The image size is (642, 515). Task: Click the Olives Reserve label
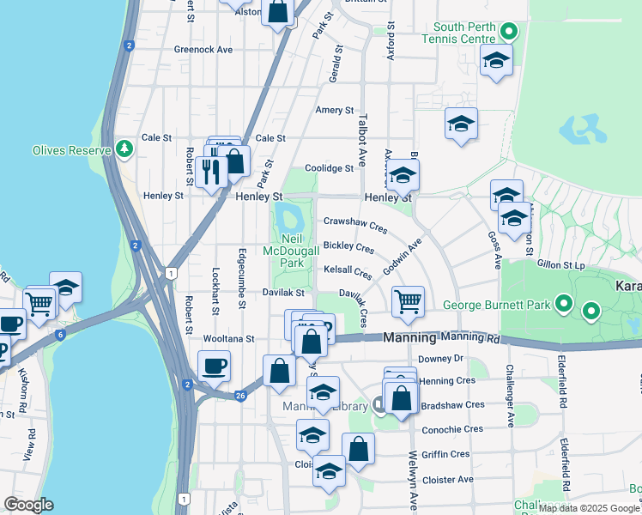pyautogui.click(x=72, y=150)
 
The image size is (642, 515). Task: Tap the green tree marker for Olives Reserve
pyautogui.click(x=125, y=148)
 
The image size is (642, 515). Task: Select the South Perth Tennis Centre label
pyautogui.click(x=458, y=33)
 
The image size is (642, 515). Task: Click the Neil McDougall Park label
pyautogui.click(x=294, y=251)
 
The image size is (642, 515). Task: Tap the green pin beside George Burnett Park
pyautogui.click(x=564, y=304)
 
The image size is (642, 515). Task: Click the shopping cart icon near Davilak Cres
pyautogui.click(x=407, y=301)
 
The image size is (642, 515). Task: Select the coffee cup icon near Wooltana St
pyautogui.click(x=214, y=367)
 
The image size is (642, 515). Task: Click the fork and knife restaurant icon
pyautogui.click(x=210, y=172)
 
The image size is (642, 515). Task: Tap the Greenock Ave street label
pyautogui.click(x=203, y=50)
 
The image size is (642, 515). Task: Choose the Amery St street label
pyautogui.click(x=335, y=111)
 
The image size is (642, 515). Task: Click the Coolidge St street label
pyautogui.click(x=330, y=169)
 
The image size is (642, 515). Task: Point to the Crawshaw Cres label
pyautogui.click(x=355, y=225)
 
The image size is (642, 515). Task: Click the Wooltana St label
pyautogui.click(x=228, y=339)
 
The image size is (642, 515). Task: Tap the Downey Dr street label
pyautogui.click(x=440, y=359)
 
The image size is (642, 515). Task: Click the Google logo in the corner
pyautogui.click(x=28, y=505)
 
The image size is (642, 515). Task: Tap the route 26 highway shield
pyautogui.click(x=242, y=396)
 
